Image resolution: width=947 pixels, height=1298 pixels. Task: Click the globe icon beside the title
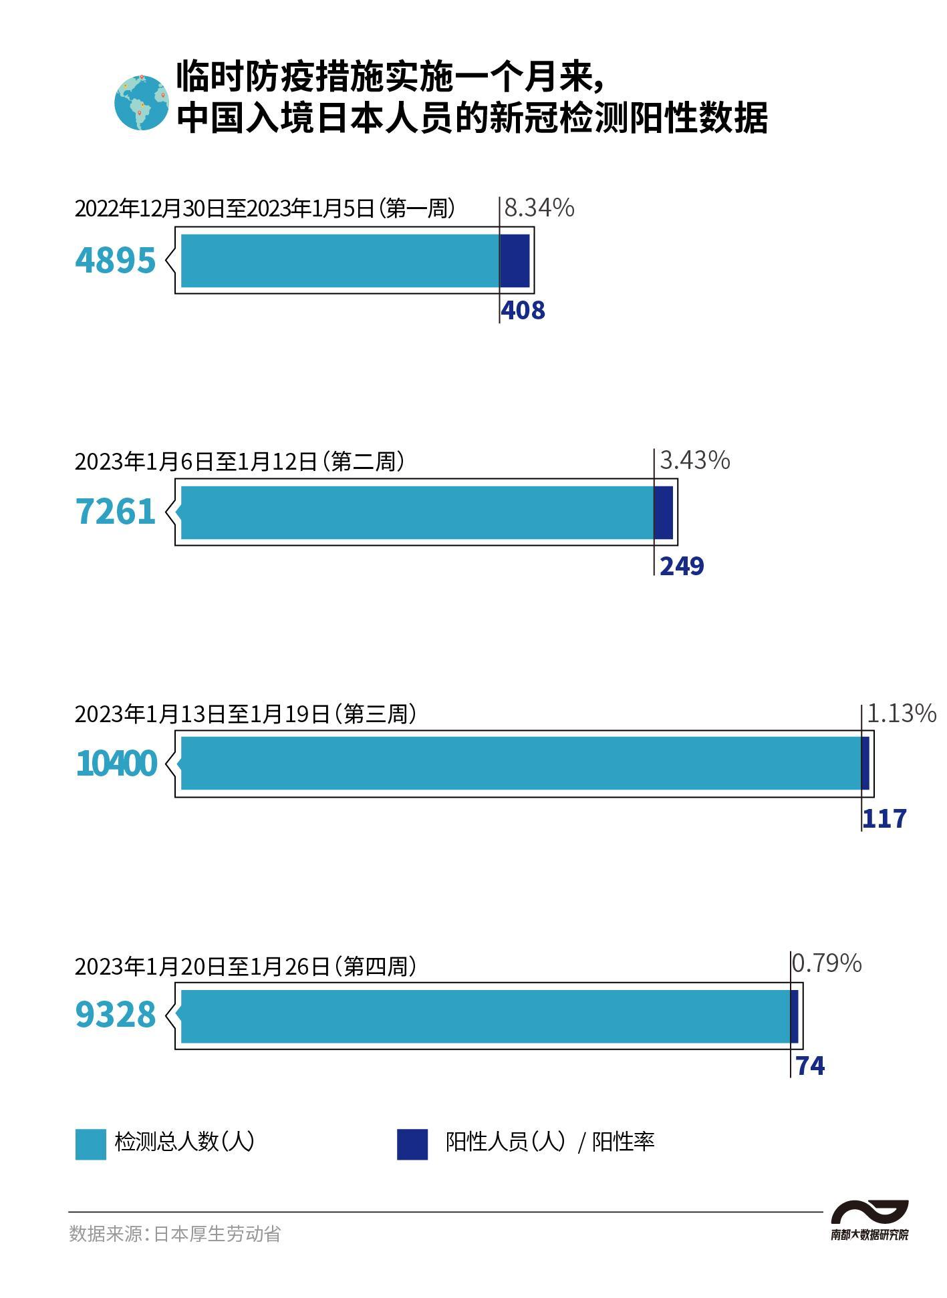(141, 102)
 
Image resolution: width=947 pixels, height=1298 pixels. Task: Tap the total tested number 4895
(116, 260)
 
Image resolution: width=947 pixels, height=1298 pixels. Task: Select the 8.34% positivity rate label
(539, 208)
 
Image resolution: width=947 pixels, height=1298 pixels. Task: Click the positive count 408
(523, 311)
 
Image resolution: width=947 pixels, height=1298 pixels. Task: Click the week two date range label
(239, 461)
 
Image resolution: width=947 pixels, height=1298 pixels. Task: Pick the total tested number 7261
(116, 512)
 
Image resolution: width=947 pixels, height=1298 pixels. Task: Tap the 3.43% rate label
(694, 460)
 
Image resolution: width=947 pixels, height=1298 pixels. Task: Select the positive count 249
(682, 566)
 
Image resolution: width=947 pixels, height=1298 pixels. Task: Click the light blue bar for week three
(520, 763)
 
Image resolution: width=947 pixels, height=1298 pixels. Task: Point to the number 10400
(116, 764)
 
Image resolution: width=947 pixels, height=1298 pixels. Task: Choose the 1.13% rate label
(901, 713)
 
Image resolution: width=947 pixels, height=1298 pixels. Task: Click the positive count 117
(884, 818)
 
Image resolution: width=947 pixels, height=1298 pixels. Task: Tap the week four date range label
(245, 966)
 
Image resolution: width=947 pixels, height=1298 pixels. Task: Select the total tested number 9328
(116, 1015)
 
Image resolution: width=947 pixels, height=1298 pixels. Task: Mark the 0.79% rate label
(826, 963)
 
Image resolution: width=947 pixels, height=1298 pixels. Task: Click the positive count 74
(810, 1066)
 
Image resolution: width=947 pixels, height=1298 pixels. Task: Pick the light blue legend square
(90, 1144)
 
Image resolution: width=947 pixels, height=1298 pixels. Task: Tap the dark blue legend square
(412, 1144)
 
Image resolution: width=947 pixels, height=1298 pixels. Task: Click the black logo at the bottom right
(869, 1220)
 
